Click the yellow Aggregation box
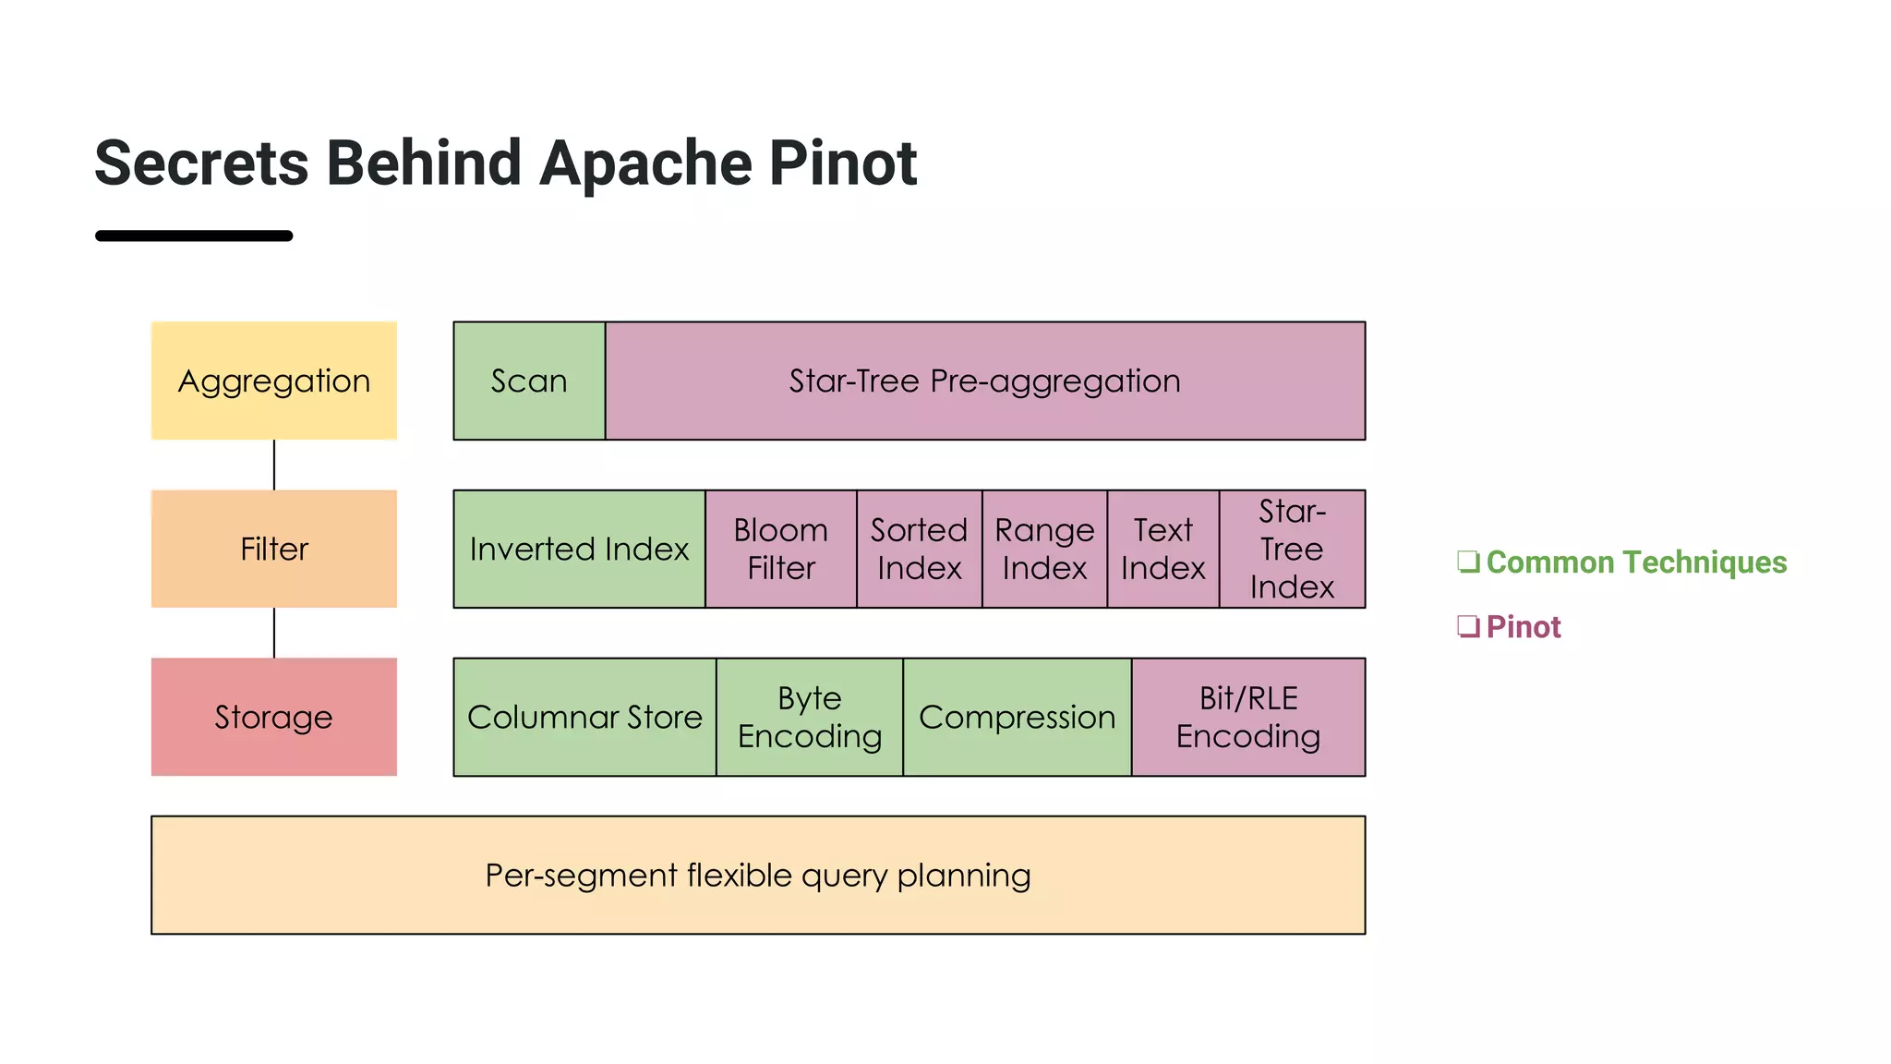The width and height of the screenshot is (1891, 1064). pos(273,381)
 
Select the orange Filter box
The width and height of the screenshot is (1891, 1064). pos(273,549)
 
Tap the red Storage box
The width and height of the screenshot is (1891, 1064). pos(273,717)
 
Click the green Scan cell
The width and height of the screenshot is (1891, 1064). pos(529,381)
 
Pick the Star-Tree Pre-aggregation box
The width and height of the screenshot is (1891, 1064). pos(984,381)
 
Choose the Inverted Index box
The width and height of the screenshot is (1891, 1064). pos(579,549)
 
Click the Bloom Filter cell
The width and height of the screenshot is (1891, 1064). pos(781,549)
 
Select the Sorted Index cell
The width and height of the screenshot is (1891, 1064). pos(919,549)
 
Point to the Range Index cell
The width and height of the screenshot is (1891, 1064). pos(1044,549)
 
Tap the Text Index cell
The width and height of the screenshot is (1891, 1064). pos(1162,549)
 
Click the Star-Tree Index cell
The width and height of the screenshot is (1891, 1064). pos(1292,549)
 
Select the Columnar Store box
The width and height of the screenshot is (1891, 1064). pos(584,717)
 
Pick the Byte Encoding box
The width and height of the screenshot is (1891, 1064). pos(810,717)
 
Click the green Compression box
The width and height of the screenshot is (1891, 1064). pos(1017,717)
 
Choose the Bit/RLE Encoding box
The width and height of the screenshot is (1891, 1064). pos(1248,717)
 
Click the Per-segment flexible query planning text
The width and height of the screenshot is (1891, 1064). pos(757,875)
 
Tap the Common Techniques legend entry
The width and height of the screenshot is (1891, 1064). pos(1635,562)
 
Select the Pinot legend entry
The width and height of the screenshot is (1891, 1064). pos(1523,627)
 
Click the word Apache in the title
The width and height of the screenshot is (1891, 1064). pos(646,163)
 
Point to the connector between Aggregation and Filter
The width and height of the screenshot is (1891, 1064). pos(274,465)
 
